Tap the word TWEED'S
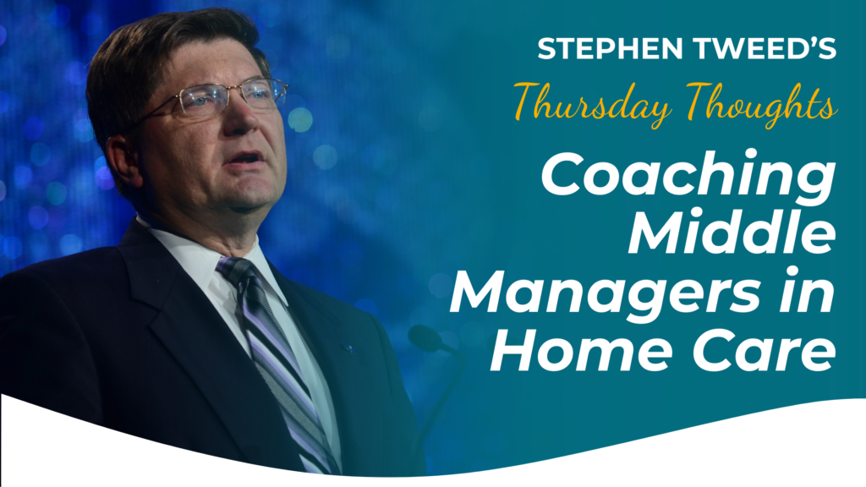coord(765,48)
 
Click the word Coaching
coord(688,174)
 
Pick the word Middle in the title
coord(732,231)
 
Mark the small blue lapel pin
coord(348,348)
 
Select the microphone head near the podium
coord(426,338)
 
